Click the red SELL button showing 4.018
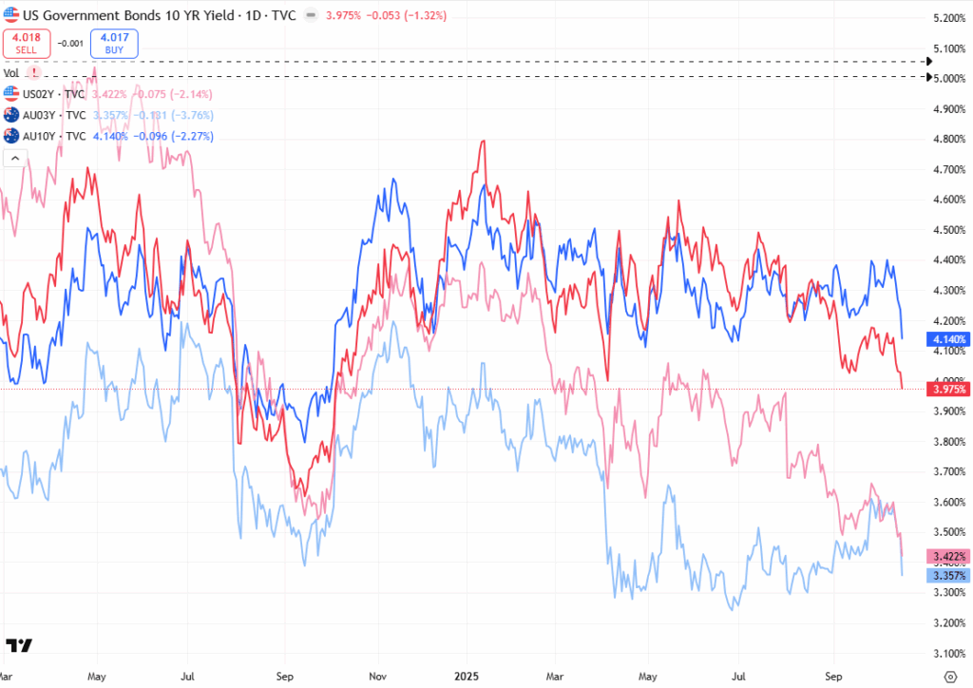point(25,43)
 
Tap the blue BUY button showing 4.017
point(115,43)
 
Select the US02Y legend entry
point(45,94)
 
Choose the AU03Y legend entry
point(45,115)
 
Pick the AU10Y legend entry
point(45,136)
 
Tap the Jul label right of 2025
point(738,677)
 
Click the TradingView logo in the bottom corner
point(19,646)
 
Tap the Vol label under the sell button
point(11,72)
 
